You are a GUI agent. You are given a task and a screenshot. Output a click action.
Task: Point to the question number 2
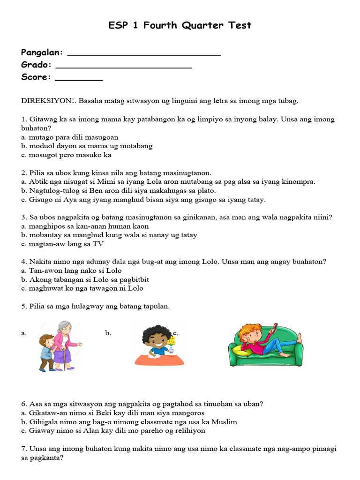coord(23,173)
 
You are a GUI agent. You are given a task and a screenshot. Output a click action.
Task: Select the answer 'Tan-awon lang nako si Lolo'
coord(75,270)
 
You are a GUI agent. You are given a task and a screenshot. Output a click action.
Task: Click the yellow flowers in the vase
coord(172,341)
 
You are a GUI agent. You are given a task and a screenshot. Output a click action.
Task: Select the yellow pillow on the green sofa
coord(243,349)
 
